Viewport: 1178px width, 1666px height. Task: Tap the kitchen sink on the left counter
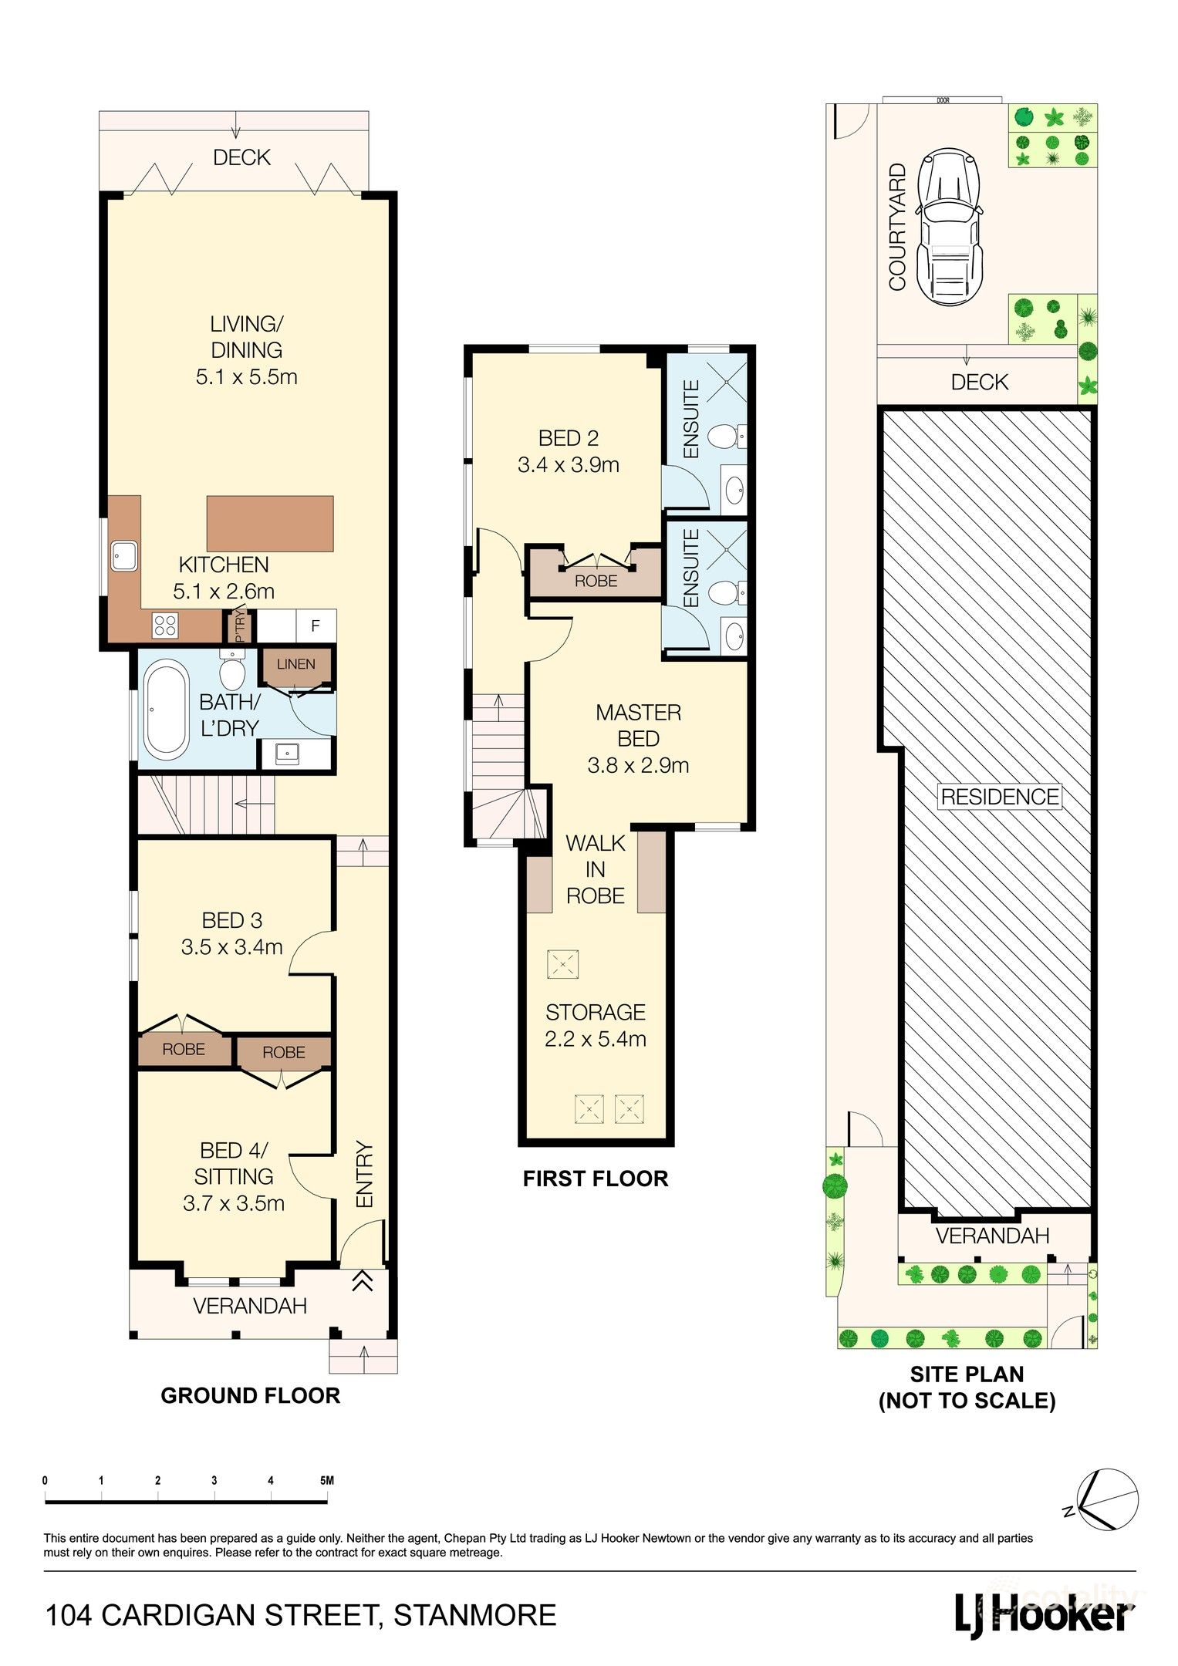[x=124, y=555]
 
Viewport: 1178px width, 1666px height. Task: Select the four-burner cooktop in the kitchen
[x=165, y=624]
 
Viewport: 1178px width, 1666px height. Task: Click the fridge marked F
[x=315, y=626]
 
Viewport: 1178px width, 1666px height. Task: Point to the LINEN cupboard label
[x=295, y=664]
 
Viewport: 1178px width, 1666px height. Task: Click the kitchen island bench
[x=270, y=523]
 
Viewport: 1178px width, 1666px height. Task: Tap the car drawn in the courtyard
[x=948, y=226]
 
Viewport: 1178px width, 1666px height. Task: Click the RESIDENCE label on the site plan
[x=1000, y=797]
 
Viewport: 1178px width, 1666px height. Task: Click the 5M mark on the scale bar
[x=326, y=1480]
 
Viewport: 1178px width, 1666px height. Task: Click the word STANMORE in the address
[x=474, y=1615]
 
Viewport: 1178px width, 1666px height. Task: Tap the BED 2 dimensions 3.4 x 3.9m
[x=569, y=465]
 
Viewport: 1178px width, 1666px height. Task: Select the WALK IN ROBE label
[x=595, y=869]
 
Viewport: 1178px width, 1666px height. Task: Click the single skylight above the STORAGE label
[x=562, y=964]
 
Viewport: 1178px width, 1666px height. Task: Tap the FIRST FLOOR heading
[x=595, y=1178]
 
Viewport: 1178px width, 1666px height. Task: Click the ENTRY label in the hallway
[x=364, y=1175]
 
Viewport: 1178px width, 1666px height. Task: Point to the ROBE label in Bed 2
[x=596, y=581]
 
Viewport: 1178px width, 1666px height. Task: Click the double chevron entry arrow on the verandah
[x=363, y=1281]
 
